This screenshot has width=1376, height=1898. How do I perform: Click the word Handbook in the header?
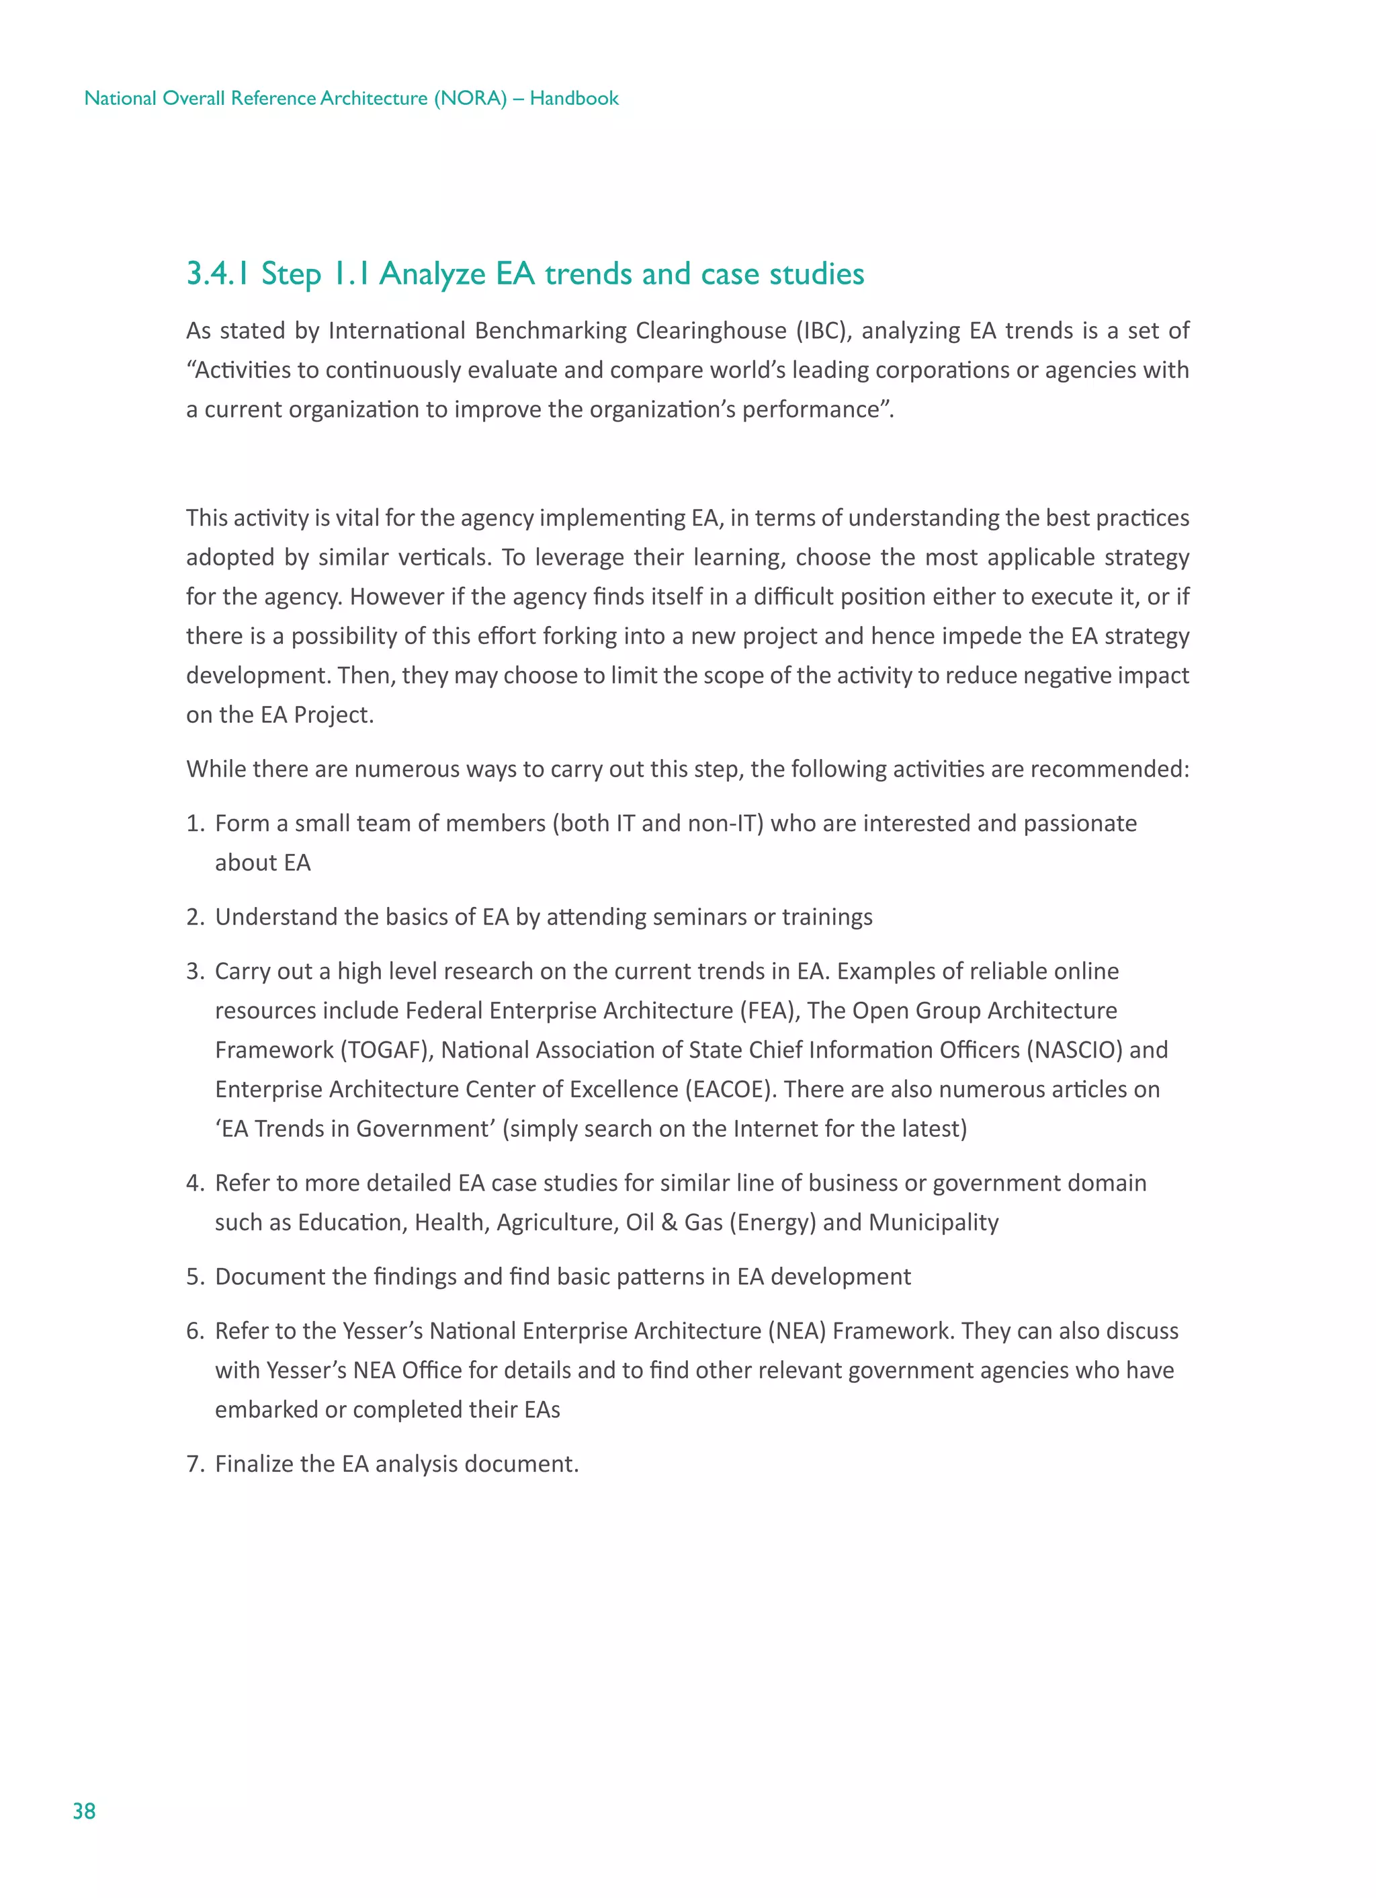pos(574,99)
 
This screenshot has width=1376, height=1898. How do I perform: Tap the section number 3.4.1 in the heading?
pos(218,274)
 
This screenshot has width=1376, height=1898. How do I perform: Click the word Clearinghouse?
pos(710,331)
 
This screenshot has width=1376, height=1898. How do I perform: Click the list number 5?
pos(194,1277)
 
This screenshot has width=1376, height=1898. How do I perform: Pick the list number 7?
pos(194,1464)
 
